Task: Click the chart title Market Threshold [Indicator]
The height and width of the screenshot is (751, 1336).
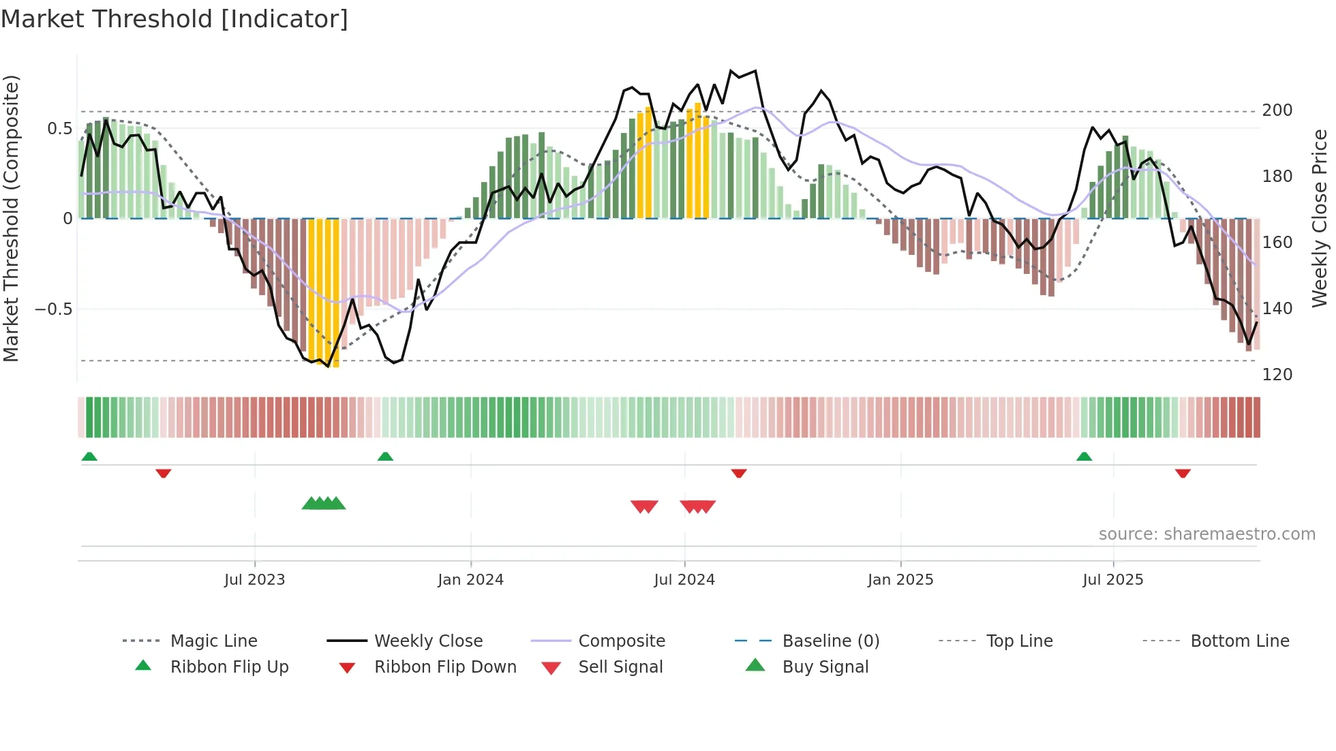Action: [174, 19]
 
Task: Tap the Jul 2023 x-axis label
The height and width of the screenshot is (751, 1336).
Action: [254, 580]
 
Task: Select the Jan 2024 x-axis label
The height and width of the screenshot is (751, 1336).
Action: [470, 580]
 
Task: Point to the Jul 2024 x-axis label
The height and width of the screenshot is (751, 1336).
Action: [684, 580]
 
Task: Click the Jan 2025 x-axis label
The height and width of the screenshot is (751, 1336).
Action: [900, 580]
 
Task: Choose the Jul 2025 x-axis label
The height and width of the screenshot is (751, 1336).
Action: [1113, 580]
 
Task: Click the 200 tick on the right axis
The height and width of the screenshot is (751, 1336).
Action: [1277, 110]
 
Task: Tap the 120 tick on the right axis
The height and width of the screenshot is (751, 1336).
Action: [1277, 375]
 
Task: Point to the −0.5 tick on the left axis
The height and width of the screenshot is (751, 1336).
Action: [54, 309]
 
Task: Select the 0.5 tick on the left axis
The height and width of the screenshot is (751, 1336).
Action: [60, 129]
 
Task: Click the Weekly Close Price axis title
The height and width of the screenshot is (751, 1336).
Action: [1320, 218]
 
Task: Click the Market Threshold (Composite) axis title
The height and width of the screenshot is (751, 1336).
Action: [11, 218]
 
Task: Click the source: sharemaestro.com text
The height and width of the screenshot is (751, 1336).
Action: [1206, 534]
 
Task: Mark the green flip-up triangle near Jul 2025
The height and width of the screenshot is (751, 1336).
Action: [1084, 457]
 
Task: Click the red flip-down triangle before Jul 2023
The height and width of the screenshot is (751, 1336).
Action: [163, 473]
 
